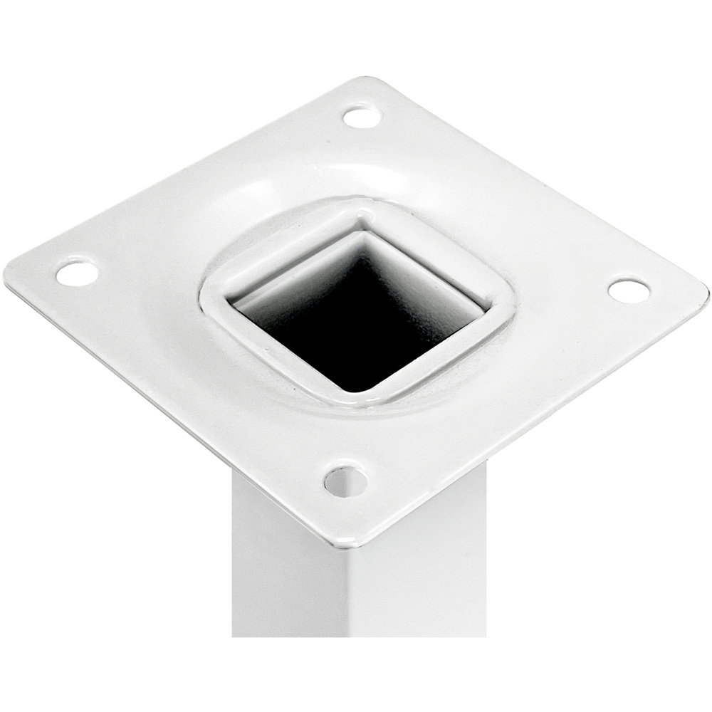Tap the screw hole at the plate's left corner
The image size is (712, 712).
(x=77, y=273)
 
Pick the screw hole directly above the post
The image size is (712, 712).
(x=345, y=481)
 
